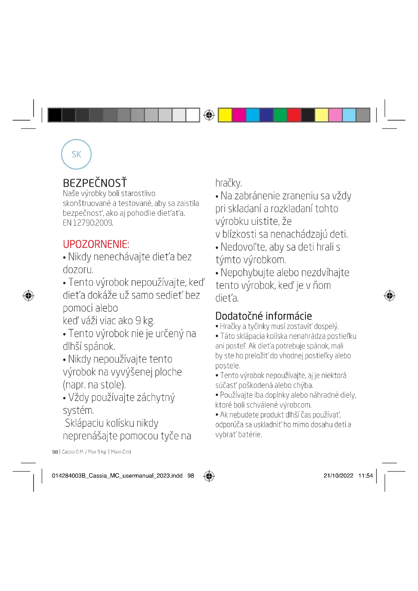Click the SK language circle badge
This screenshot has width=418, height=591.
(x=76, y=154)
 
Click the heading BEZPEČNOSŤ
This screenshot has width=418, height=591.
(x=95, y=183)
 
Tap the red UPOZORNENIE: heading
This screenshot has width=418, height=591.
(x=96, y=244)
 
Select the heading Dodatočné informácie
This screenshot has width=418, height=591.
(x=263, y=316)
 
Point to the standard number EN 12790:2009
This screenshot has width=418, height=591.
(x=88, y=223)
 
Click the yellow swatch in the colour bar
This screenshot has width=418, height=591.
(x=225, y=115)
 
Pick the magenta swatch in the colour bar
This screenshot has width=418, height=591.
(x=239, y=115)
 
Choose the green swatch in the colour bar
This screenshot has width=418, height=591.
(x=280, y=115)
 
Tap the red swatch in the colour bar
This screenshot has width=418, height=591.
(x=294, y=115)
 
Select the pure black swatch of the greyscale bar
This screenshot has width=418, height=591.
(x=55, y=115)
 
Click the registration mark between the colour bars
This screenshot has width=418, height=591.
(x=209, y=115)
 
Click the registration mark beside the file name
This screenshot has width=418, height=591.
(x=209, y=476)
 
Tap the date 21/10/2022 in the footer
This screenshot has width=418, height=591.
(x=338, y=476)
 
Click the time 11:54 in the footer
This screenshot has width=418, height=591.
(x=365, y=476)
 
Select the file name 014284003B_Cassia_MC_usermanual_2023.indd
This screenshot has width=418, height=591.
(x=117, y=476)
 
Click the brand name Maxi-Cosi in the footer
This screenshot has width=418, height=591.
(x=121, y=452)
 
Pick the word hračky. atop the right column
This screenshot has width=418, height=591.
(x=228, y=183)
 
